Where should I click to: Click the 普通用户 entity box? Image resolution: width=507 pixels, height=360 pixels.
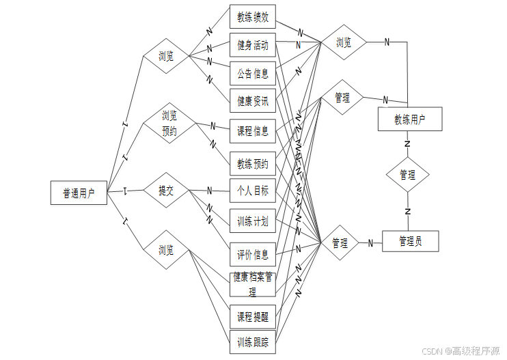coord(79,193)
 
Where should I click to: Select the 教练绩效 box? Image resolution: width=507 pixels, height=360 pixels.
coord(252,16)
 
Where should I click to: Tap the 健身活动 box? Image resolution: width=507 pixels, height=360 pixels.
coord(252,45)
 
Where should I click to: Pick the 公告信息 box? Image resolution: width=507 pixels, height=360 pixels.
coord(252,73)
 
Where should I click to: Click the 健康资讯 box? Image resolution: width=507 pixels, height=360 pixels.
coord(252,102)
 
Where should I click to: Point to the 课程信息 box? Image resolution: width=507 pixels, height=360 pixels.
coord(252,130)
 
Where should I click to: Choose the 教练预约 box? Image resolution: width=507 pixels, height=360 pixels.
coord(252,163)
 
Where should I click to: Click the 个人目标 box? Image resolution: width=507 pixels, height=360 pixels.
coord(252,191)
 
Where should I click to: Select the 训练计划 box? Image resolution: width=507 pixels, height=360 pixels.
coord(252,221)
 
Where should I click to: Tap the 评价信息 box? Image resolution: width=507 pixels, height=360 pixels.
coord(252,255)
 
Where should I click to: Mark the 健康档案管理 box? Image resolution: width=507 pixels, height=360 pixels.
coord(252,285)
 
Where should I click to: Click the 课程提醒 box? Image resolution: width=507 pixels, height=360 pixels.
coord(252,317)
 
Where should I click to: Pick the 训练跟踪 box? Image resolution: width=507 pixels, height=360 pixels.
coord(252,342)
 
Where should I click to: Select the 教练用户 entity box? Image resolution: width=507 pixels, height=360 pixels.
coord(409,120)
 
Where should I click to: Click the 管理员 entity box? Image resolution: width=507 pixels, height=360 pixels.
coord(409,241)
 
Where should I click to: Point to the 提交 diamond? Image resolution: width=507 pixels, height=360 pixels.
coord(166,191)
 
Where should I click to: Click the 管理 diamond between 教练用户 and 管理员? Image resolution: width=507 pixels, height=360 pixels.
coord(407,175)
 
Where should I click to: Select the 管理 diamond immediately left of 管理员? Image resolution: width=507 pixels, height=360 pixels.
coord(340,243)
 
